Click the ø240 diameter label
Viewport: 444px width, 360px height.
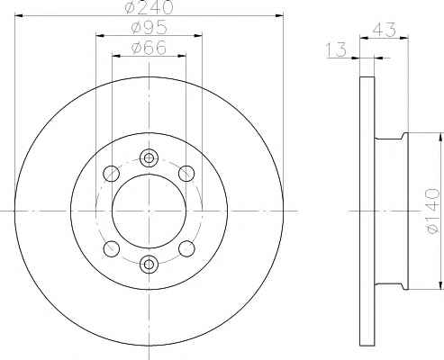coord(150,7)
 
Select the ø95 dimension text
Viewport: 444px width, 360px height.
coord(149,28)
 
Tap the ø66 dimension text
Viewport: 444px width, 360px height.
coord(149,48)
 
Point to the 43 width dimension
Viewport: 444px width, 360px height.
coord(385,30)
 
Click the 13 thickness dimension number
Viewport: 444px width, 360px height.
coord(336,50)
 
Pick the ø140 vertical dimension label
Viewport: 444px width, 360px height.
coord(432,211)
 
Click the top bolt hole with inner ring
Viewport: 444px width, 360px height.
coord(149,157)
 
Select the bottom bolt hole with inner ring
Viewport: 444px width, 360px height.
coord(149,264)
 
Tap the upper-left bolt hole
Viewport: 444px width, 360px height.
coord(112,173)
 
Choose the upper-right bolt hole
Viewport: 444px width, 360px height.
coord(186,173)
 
